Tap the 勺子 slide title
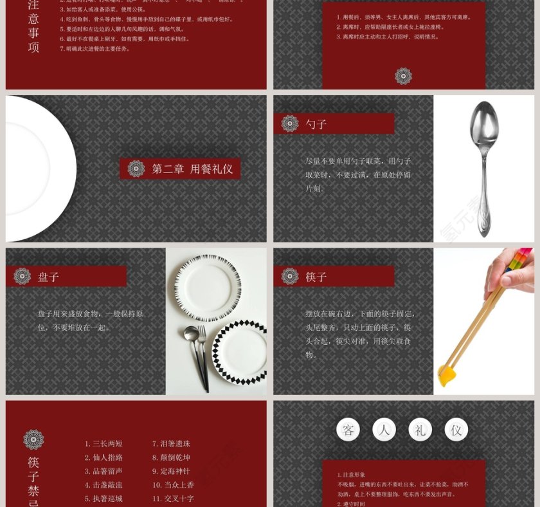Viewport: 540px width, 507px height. coord(316,124)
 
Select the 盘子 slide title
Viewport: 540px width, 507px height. coord(48,277)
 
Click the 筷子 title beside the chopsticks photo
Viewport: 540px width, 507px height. coord(316,277)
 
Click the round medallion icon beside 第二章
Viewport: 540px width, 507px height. coord(136,169)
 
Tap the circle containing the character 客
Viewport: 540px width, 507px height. coord(348,430)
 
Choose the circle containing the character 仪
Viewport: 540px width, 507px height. coord(456,430)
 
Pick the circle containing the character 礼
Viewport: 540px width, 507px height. coord(420,430)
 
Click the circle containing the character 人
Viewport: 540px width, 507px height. coord(384,430)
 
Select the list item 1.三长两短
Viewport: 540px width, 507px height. coord(104,444)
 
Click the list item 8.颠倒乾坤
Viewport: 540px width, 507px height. coord(171,457)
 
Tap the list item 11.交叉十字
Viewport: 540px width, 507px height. coord(173,499)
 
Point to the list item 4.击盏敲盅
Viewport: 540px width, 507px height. coord(104,485)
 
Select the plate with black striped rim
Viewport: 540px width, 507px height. coord(208,286)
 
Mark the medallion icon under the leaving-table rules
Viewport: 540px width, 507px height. coord(403,76)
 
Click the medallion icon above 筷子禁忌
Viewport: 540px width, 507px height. coord(33,439)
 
